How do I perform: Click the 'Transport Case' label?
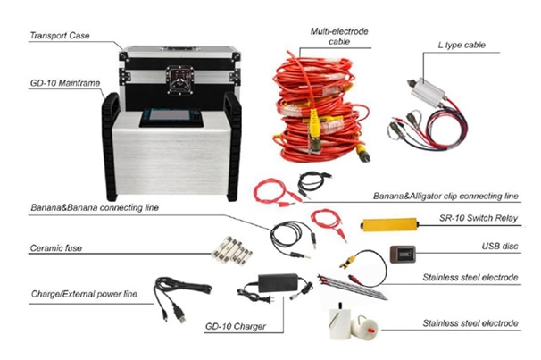(x=60, y=36)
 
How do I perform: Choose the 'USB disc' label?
(x=497, y=247)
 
